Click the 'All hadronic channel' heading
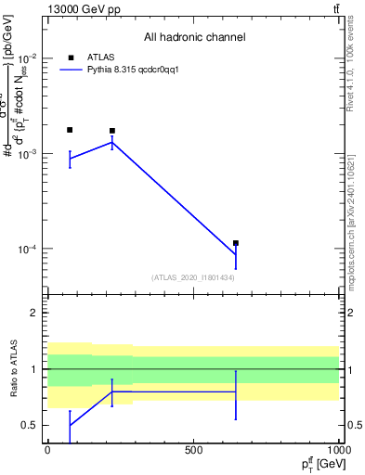[x=194, y=38]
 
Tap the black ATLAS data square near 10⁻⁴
[x=236, y=243]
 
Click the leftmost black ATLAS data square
[x=70, y=130]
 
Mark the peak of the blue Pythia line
[x=112, y=142]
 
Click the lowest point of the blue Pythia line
[x=236, y=254]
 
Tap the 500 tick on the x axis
[x=193, y=450]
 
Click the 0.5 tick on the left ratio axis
[x=30, y=425]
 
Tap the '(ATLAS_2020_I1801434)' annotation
[x=192, y=277]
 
